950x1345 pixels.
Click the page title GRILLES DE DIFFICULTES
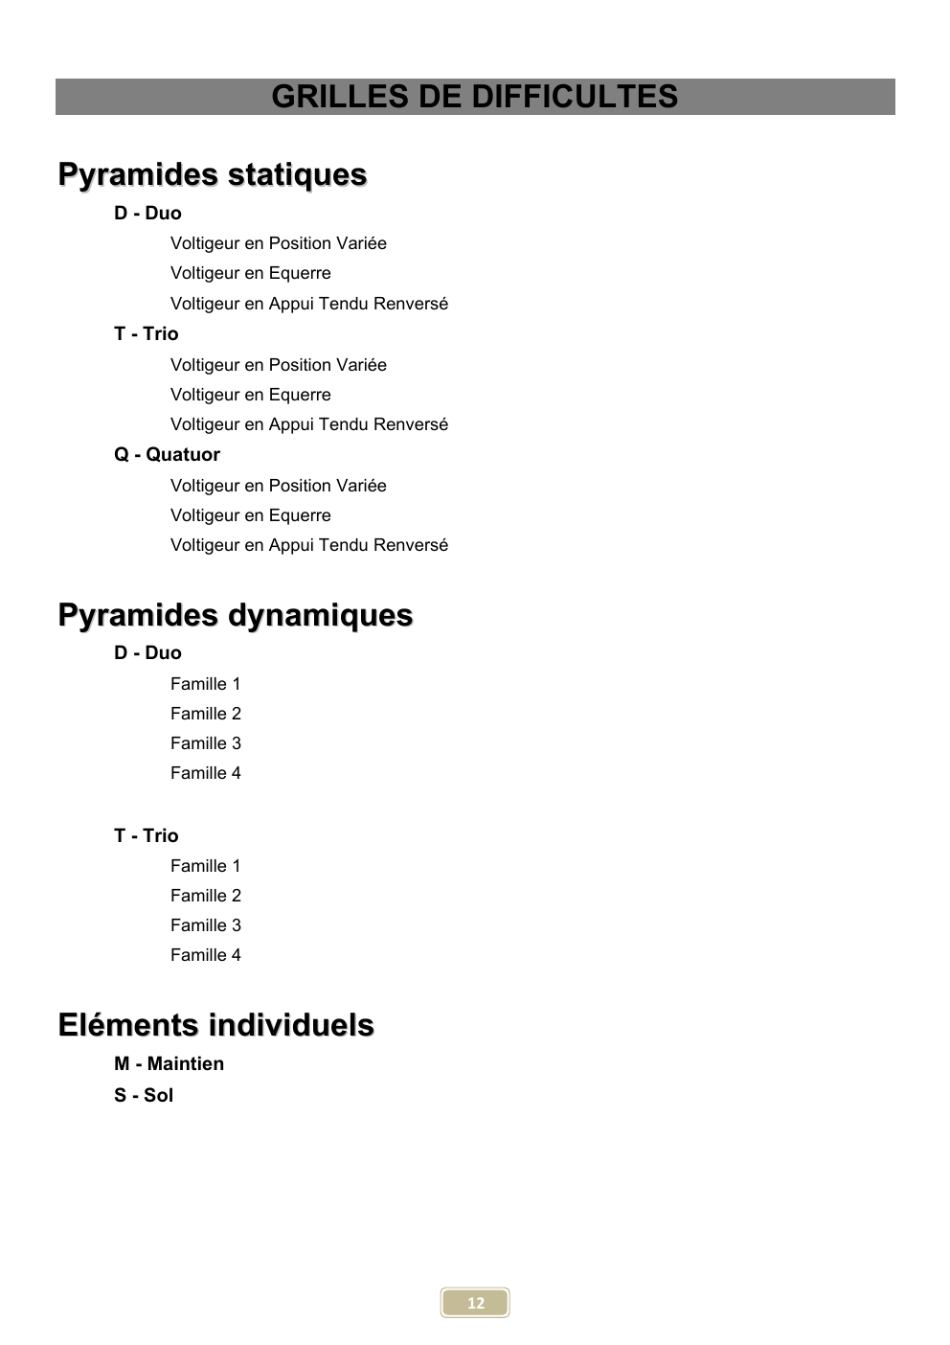pyautogui.click(x=474, y=97)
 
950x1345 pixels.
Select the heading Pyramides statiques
pyautogui.click(x=213, y=174)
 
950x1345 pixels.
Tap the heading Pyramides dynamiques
pyautogui.click(x=236, y=614)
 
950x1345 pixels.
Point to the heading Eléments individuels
pyautogui.click(x=215, y=1024)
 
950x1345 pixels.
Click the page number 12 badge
pyautogui.click(x=475, y=1302)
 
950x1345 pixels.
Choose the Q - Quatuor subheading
pyautogui.click(x=167, y=454)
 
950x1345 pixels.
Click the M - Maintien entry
pyautogui.click(x=169, y=1063)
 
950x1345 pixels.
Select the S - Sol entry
pyautogui.click(x=144, y=1095)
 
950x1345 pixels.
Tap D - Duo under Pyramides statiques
pyautogui.click(x=147, y=213)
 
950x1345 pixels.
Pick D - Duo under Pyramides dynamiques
pyautogui.click(x=147, y=652)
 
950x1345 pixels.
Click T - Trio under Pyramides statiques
pyautogui.click(x=147, y=333)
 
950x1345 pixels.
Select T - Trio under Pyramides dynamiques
pyautogui.click(x=147, y=835)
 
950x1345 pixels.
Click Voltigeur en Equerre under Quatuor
pyautogui.click(x=250, y=515)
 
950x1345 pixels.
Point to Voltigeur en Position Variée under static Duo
pyautogui.click(x=278, y=243)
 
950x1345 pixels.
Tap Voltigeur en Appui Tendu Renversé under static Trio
pyautogui.click(x=308, y=424)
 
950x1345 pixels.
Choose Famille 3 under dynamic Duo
pyautogui.click(x=205, y=743)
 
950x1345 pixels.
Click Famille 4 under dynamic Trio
pyautogui.click(x=205, y=955)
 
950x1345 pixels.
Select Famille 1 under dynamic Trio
pyautogui.click(x=205, y=866)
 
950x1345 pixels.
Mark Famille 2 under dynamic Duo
pyautogui.click(x=205, y=714)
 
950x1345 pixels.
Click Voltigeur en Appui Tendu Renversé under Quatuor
pyautogui.click(x=308, y=545)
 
